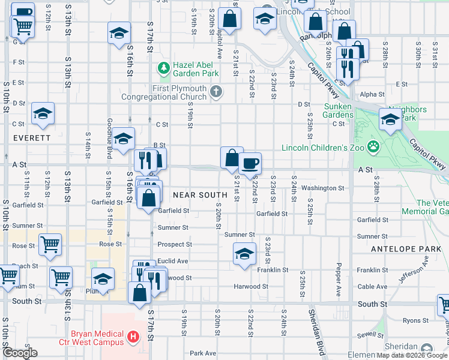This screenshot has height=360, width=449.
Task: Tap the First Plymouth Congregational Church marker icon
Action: (x=217, y=91)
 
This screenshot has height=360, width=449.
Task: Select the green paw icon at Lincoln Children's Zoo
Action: (x=373, y=146)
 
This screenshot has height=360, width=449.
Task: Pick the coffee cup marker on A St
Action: (x=250, y=163)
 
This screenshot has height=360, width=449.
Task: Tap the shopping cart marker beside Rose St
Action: (x=50, y=244)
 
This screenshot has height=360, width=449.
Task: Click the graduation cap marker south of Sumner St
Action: (x=244, y=253)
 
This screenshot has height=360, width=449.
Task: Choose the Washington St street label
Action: (x=322, y=188)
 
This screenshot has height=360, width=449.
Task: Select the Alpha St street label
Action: (x=372, y=94)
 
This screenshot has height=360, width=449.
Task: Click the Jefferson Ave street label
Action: (x=414, y=269)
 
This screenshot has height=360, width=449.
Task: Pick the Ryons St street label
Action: (x=412, y=321)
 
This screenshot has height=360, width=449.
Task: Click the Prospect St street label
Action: (x=175, y=244)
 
